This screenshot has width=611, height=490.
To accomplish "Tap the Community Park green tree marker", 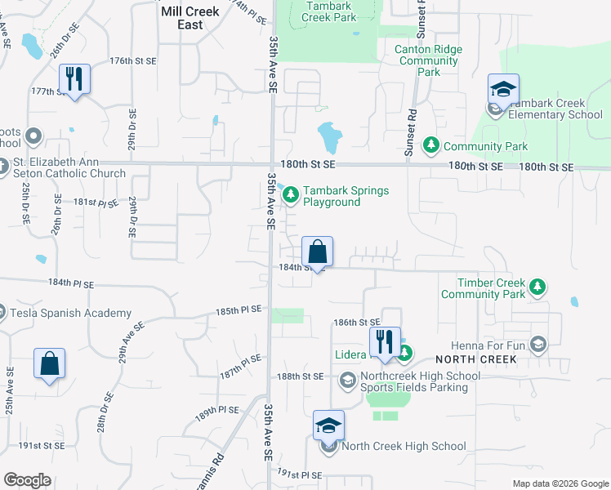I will [430, 146].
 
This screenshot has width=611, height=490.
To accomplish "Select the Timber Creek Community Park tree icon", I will [537, 287].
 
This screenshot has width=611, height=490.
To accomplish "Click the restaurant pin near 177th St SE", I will [74, 80].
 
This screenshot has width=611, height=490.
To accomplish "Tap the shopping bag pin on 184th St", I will [318, 252].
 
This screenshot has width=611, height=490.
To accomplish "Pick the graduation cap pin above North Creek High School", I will [328, 426].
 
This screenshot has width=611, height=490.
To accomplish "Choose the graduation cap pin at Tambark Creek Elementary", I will [503, 90].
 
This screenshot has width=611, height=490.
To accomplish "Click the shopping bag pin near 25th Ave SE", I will [49, 364].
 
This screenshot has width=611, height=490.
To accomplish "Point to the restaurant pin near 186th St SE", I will [384, 343].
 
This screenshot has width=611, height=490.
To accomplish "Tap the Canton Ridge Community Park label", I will [428, 60].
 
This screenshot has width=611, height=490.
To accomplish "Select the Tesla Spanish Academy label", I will [70, 313].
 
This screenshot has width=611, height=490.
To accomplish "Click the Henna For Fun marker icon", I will [537, 344].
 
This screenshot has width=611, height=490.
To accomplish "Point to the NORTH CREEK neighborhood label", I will [476, 359].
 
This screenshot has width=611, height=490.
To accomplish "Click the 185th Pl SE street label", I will [239, 310].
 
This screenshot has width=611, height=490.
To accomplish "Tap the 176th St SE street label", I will [132, 61].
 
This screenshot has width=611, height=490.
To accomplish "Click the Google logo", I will [28, 480].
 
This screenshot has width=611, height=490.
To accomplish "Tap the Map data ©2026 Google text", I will [560, 483].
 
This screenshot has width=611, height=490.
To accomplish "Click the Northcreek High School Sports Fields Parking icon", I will [347, 381].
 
